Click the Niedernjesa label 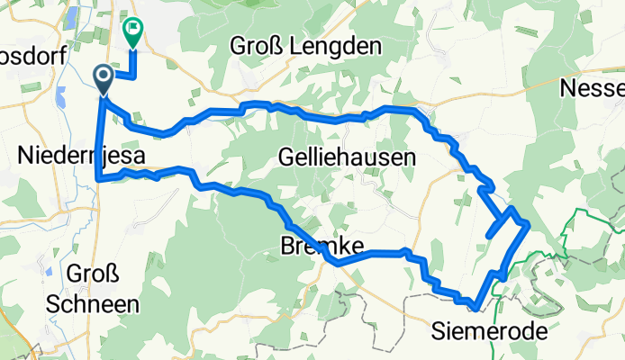pyautogui.click(x=82, y=157)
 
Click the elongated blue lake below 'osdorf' pyautogui.click(x=60, y=93)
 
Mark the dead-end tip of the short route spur pyautogui.click(x=488, y=235)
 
